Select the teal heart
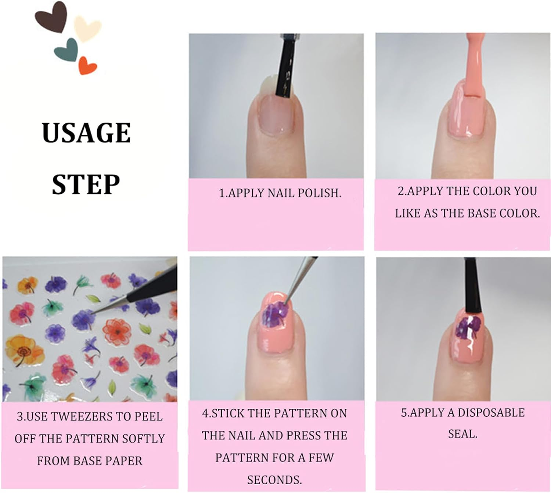(67, 50)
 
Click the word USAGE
(86, 133)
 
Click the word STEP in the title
(86, 184)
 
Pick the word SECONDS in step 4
(274, 480)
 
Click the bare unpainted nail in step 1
(277, 114)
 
